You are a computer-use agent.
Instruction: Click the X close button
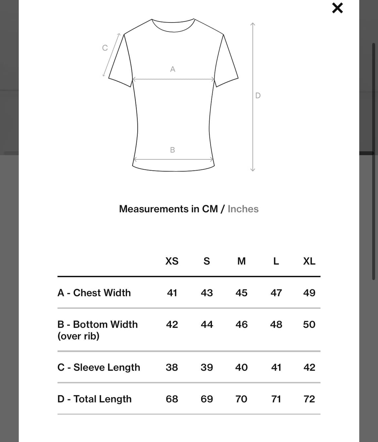click(337, 8)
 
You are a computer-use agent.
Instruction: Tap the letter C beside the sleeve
click(105, 48)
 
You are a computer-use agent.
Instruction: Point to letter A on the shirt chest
click(173, 69)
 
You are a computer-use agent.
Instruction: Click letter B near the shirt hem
click(172, 150)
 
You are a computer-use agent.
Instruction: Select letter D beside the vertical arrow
click(258, 96)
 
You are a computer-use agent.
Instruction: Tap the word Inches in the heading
click(243, 209)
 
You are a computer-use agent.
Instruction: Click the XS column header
click(172, 261)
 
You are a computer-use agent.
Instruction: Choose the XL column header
click(309, 261)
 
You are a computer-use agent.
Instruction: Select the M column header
click(242, 261)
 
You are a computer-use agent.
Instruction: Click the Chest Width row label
click(94, 293)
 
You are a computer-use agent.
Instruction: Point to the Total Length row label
click(94, 399)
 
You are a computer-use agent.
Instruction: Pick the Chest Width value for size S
click(207, 293)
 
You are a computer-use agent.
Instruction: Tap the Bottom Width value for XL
click(309, 325)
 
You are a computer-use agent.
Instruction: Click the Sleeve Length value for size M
click(242, 367)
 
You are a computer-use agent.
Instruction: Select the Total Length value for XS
click(172, 399)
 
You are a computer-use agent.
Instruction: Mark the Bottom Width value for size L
click(276, 325)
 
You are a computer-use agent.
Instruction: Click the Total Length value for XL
click(309, 399)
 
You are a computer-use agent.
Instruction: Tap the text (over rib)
click(78, 336)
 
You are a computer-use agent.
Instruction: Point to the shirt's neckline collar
click(173, 25)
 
